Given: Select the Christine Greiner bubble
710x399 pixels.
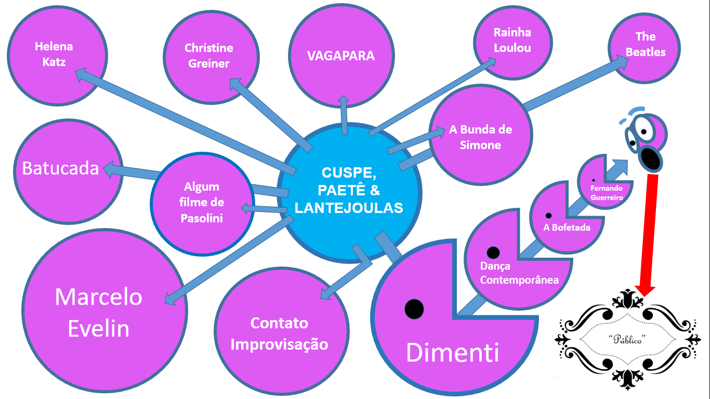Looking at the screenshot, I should (x=208, y=56).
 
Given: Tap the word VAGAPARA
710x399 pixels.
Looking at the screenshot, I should (x=341, y=56).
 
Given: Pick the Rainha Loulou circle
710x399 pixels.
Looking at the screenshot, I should (x=512, y=41).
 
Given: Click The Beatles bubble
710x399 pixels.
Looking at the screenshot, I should (x=645, y=44).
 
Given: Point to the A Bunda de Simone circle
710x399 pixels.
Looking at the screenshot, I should (x=480, y=137).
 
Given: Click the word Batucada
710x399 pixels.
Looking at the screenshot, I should (x=60, y=168).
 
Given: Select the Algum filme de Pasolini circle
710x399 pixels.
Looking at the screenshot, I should (x=202, y=203).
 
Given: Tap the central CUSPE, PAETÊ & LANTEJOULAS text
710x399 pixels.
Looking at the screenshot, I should (x=349, y=190).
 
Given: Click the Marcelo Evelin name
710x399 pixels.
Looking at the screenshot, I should (x=99, y=313).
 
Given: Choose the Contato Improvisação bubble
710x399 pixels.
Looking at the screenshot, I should (x=279, y=334).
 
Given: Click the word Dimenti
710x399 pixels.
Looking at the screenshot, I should (x=452, y=353).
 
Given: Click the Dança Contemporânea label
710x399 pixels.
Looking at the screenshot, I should (x=519, y=273).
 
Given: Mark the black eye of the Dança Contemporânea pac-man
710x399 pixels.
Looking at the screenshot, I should (x=493, y=252).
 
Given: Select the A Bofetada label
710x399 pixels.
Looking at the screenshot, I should (x=567, y=227).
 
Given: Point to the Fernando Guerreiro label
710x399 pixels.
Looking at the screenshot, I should (x=607, y=193).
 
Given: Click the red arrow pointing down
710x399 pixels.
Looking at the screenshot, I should (x=649, y=234).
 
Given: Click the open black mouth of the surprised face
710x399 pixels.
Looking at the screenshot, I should (x=651, y=159).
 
